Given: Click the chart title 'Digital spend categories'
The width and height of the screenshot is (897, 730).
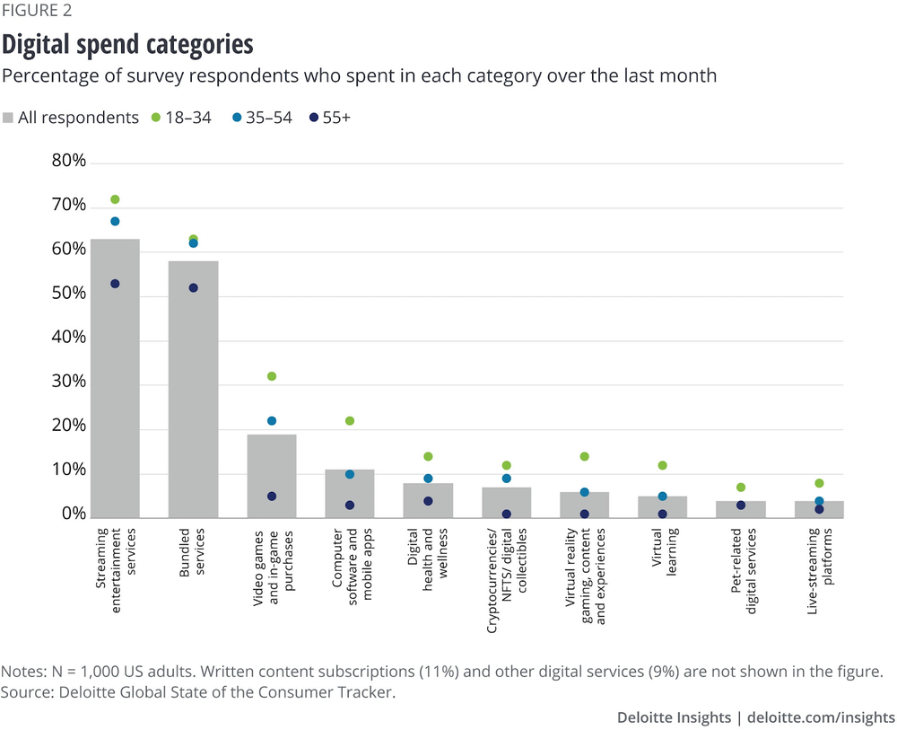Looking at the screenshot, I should (127, 44).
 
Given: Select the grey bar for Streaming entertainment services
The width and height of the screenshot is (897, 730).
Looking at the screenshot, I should (115, 377).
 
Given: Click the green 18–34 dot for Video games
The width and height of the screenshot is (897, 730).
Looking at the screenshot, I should (272, 376).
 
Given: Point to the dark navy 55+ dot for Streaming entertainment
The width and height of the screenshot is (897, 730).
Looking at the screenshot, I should (115, 284).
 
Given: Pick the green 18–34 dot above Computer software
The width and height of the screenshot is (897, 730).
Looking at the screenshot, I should (350, 421).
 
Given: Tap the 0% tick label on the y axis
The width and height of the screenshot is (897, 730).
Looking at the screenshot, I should (72, 515).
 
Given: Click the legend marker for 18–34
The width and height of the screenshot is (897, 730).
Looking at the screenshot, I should (155, 118).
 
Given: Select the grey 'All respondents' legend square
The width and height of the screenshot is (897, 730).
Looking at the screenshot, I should (8, 118).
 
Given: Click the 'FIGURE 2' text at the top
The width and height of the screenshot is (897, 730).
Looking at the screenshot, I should (38, 11).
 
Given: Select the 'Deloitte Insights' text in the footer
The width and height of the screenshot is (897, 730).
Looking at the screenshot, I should (673, 717).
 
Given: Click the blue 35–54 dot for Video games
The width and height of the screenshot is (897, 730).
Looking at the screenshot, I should (272, 421).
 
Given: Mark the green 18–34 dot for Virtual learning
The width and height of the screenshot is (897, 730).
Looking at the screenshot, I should (663, 465).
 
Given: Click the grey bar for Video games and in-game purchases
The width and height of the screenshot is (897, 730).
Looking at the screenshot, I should (272, 476).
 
